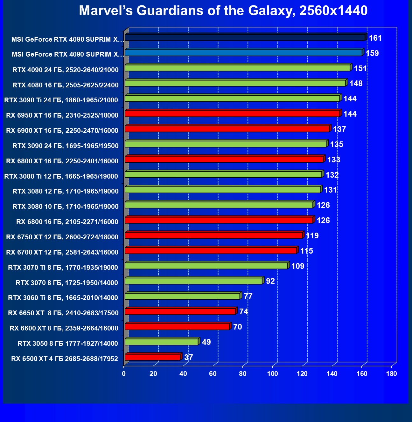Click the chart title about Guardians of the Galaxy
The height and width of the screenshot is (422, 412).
(x=223, y=11)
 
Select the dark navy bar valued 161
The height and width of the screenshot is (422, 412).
(x=245, y=38)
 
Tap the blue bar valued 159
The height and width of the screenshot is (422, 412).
(x=244, y=53)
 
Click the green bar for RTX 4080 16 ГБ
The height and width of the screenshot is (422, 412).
(x=235, y=83)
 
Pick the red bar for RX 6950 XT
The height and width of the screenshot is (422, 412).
(x=232, y=113)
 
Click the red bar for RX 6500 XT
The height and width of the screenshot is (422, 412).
(x=153, y=357)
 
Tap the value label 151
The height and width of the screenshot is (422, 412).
(x=360, y=68)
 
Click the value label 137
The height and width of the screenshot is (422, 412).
(x=339, y=129)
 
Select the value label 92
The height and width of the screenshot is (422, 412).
(x=270, y=281)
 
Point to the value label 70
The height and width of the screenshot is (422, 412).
(x=237, y=327)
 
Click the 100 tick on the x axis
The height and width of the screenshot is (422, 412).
(x=272, y=374)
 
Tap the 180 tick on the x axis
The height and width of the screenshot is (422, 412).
(x=392, y=374)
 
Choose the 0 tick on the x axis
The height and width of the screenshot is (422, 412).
(x=124, y=374)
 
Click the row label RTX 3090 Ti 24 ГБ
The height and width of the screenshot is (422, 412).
(x=61, y=100)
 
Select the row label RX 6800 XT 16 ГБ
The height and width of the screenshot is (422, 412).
(x=62, y=161)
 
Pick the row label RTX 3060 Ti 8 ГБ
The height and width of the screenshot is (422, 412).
(x=63, y=298)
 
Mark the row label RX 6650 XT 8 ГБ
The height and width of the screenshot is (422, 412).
(x=63, y=313)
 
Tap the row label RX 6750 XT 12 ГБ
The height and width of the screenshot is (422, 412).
(x=62, y=237)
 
